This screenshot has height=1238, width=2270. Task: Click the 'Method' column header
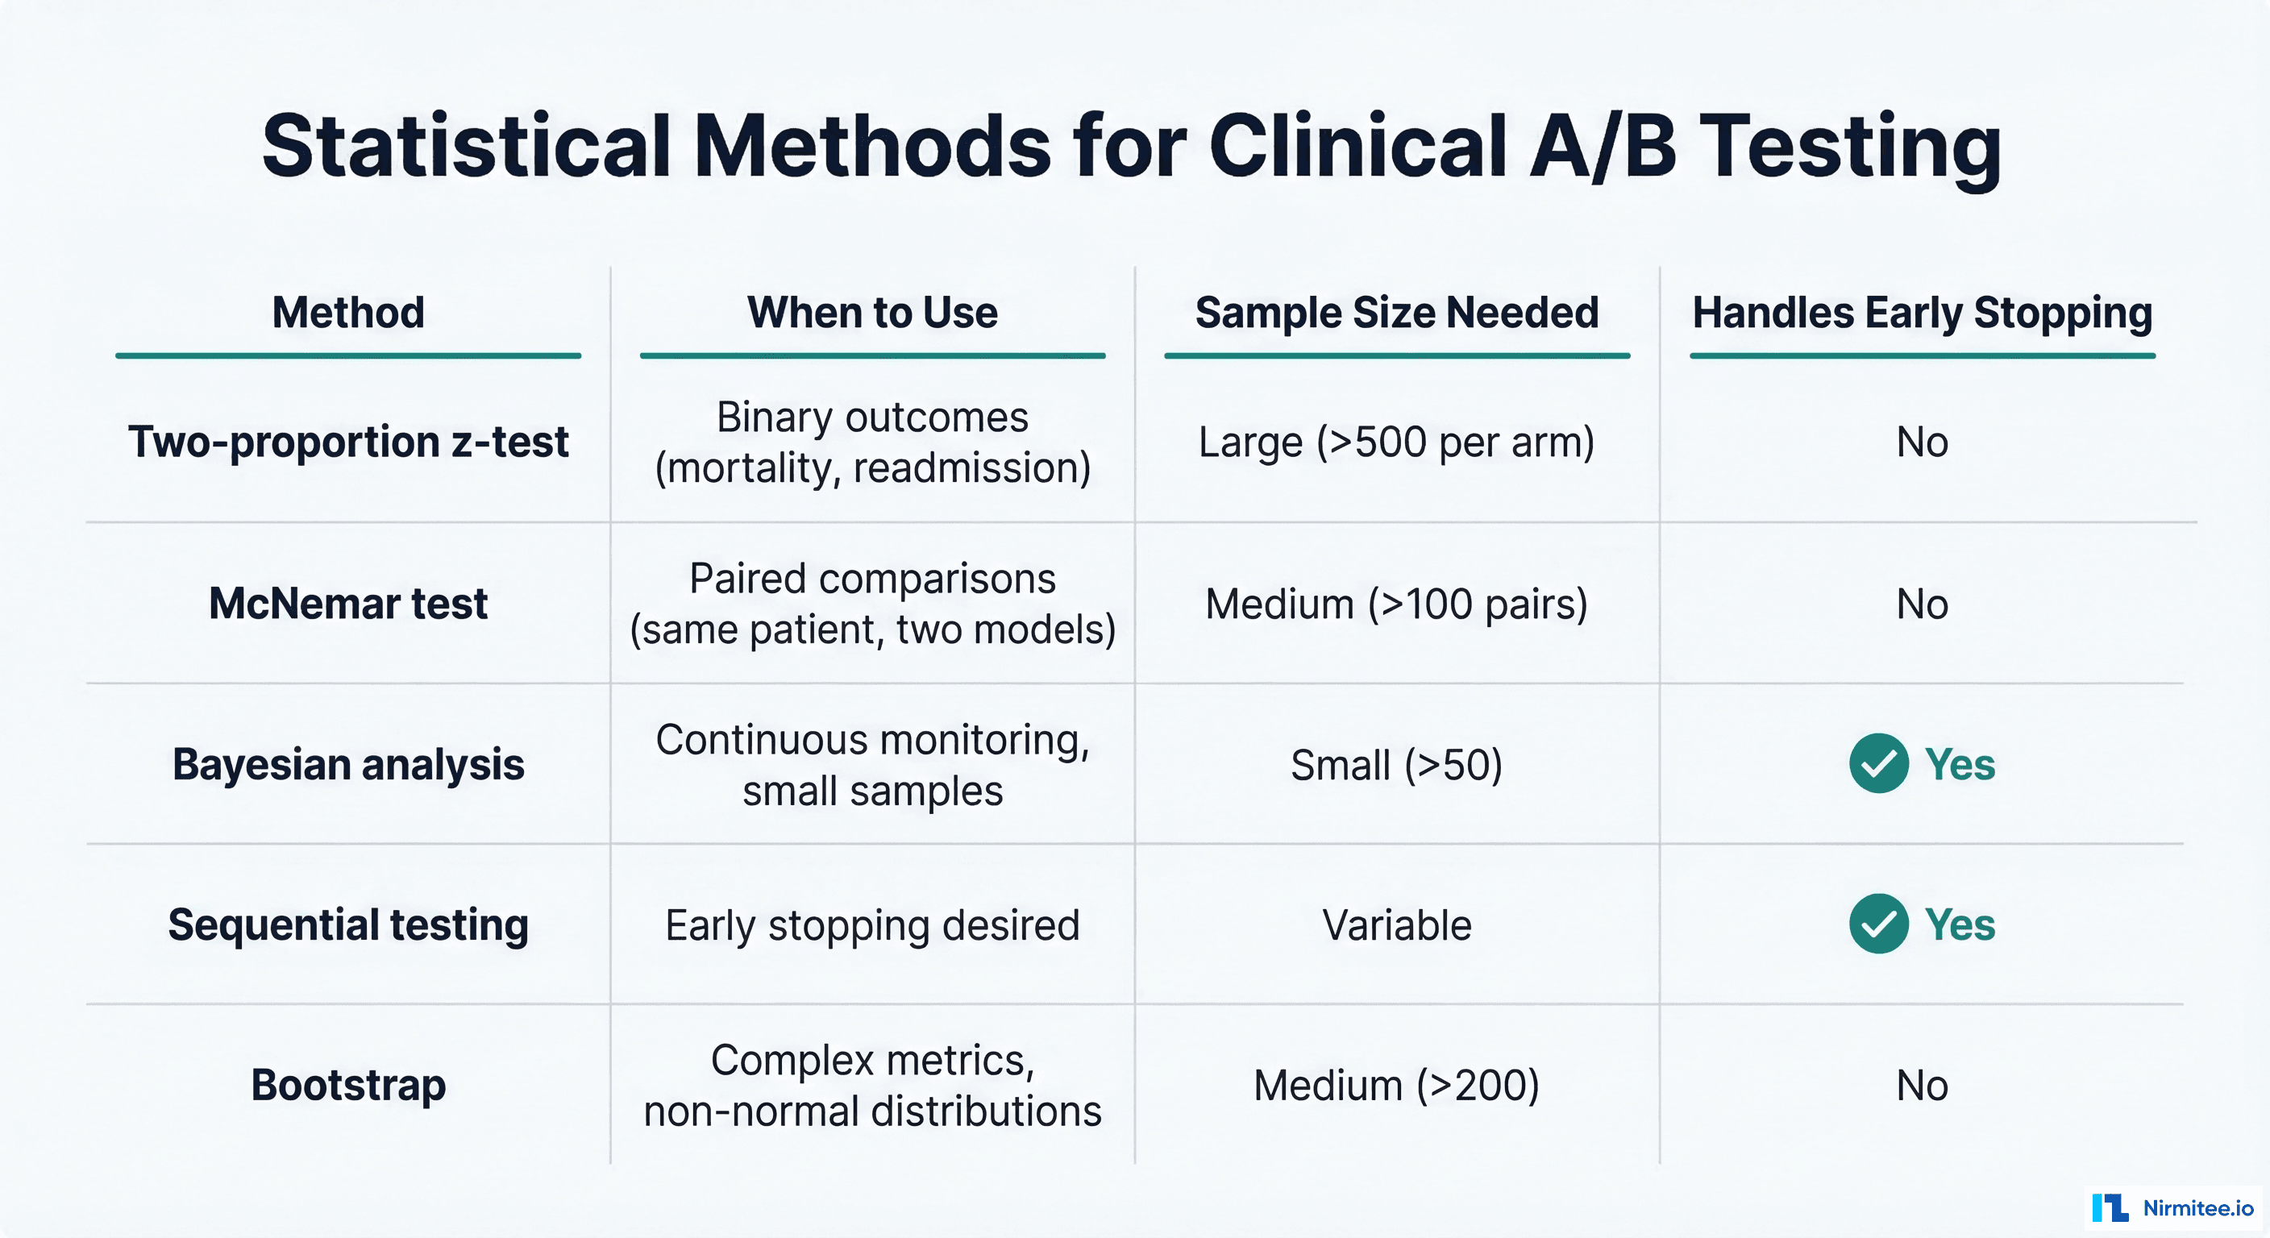click(348, 313)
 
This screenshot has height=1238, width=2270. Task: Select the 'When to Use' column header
click(872, 313)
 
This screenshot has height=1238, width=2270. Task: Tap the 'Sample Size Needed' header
click(1397, 313)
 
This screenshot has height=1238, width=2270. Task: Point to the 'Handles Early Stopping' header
click(1922, 313)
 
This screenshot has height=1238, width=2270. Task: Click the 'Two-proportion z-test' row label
click(348, 442)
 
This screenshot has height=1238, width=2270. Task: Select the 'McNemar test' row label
click(348, 604)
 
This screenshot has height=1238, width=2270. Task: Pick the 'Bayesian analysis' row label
click(348, 764)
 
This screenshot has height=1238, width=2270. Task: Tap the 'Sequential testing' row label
click(348, 925)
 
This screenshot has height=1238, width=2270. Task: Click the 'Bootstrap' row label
click(348, 1085)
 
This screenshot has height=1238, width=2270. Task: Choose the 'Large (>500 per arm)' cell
click(1397, 442)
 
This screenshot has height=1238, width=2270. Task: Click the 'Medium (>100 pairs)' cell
click(1397, 604)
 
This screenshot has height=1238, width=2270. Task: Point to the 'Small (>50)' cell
click(1397, 764)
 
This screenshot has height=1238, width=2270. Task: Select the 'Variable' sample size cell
click(1397, 925)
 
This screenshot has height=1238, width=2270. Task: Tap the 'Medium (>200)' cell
click(1397, 1085)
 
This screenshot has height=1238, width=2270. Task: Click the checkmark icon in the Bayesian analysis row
click(1879, 763)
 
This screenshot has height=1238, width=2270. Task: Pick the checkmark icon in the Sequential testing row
click(1879, 924)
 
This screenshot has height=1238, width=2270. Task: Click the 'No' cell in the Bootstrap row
click(1922, 1085)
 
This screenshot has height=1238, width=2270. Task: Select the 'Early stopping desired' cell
click(872, 925)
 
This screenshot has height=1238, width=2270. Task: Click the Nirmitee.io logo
click(2172, 1208)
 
